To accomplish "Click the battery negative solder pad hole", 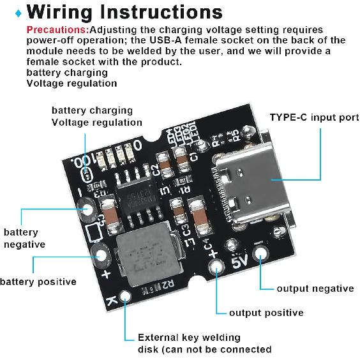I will tap(86, 208).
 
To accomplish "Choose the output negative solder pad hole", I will tap(260, 254).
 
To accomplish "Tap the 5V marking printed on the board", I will tap(239, 261).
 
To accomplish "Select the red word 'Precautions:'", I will tap(57, 29).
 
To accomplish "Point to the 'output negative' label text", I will tap(315, 289).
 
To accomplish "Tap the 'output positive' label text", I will tap(266, 313).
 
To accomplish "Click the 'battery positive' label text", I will tap(38, 281).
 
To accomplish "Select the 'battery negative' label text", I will tap(24, 238).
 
